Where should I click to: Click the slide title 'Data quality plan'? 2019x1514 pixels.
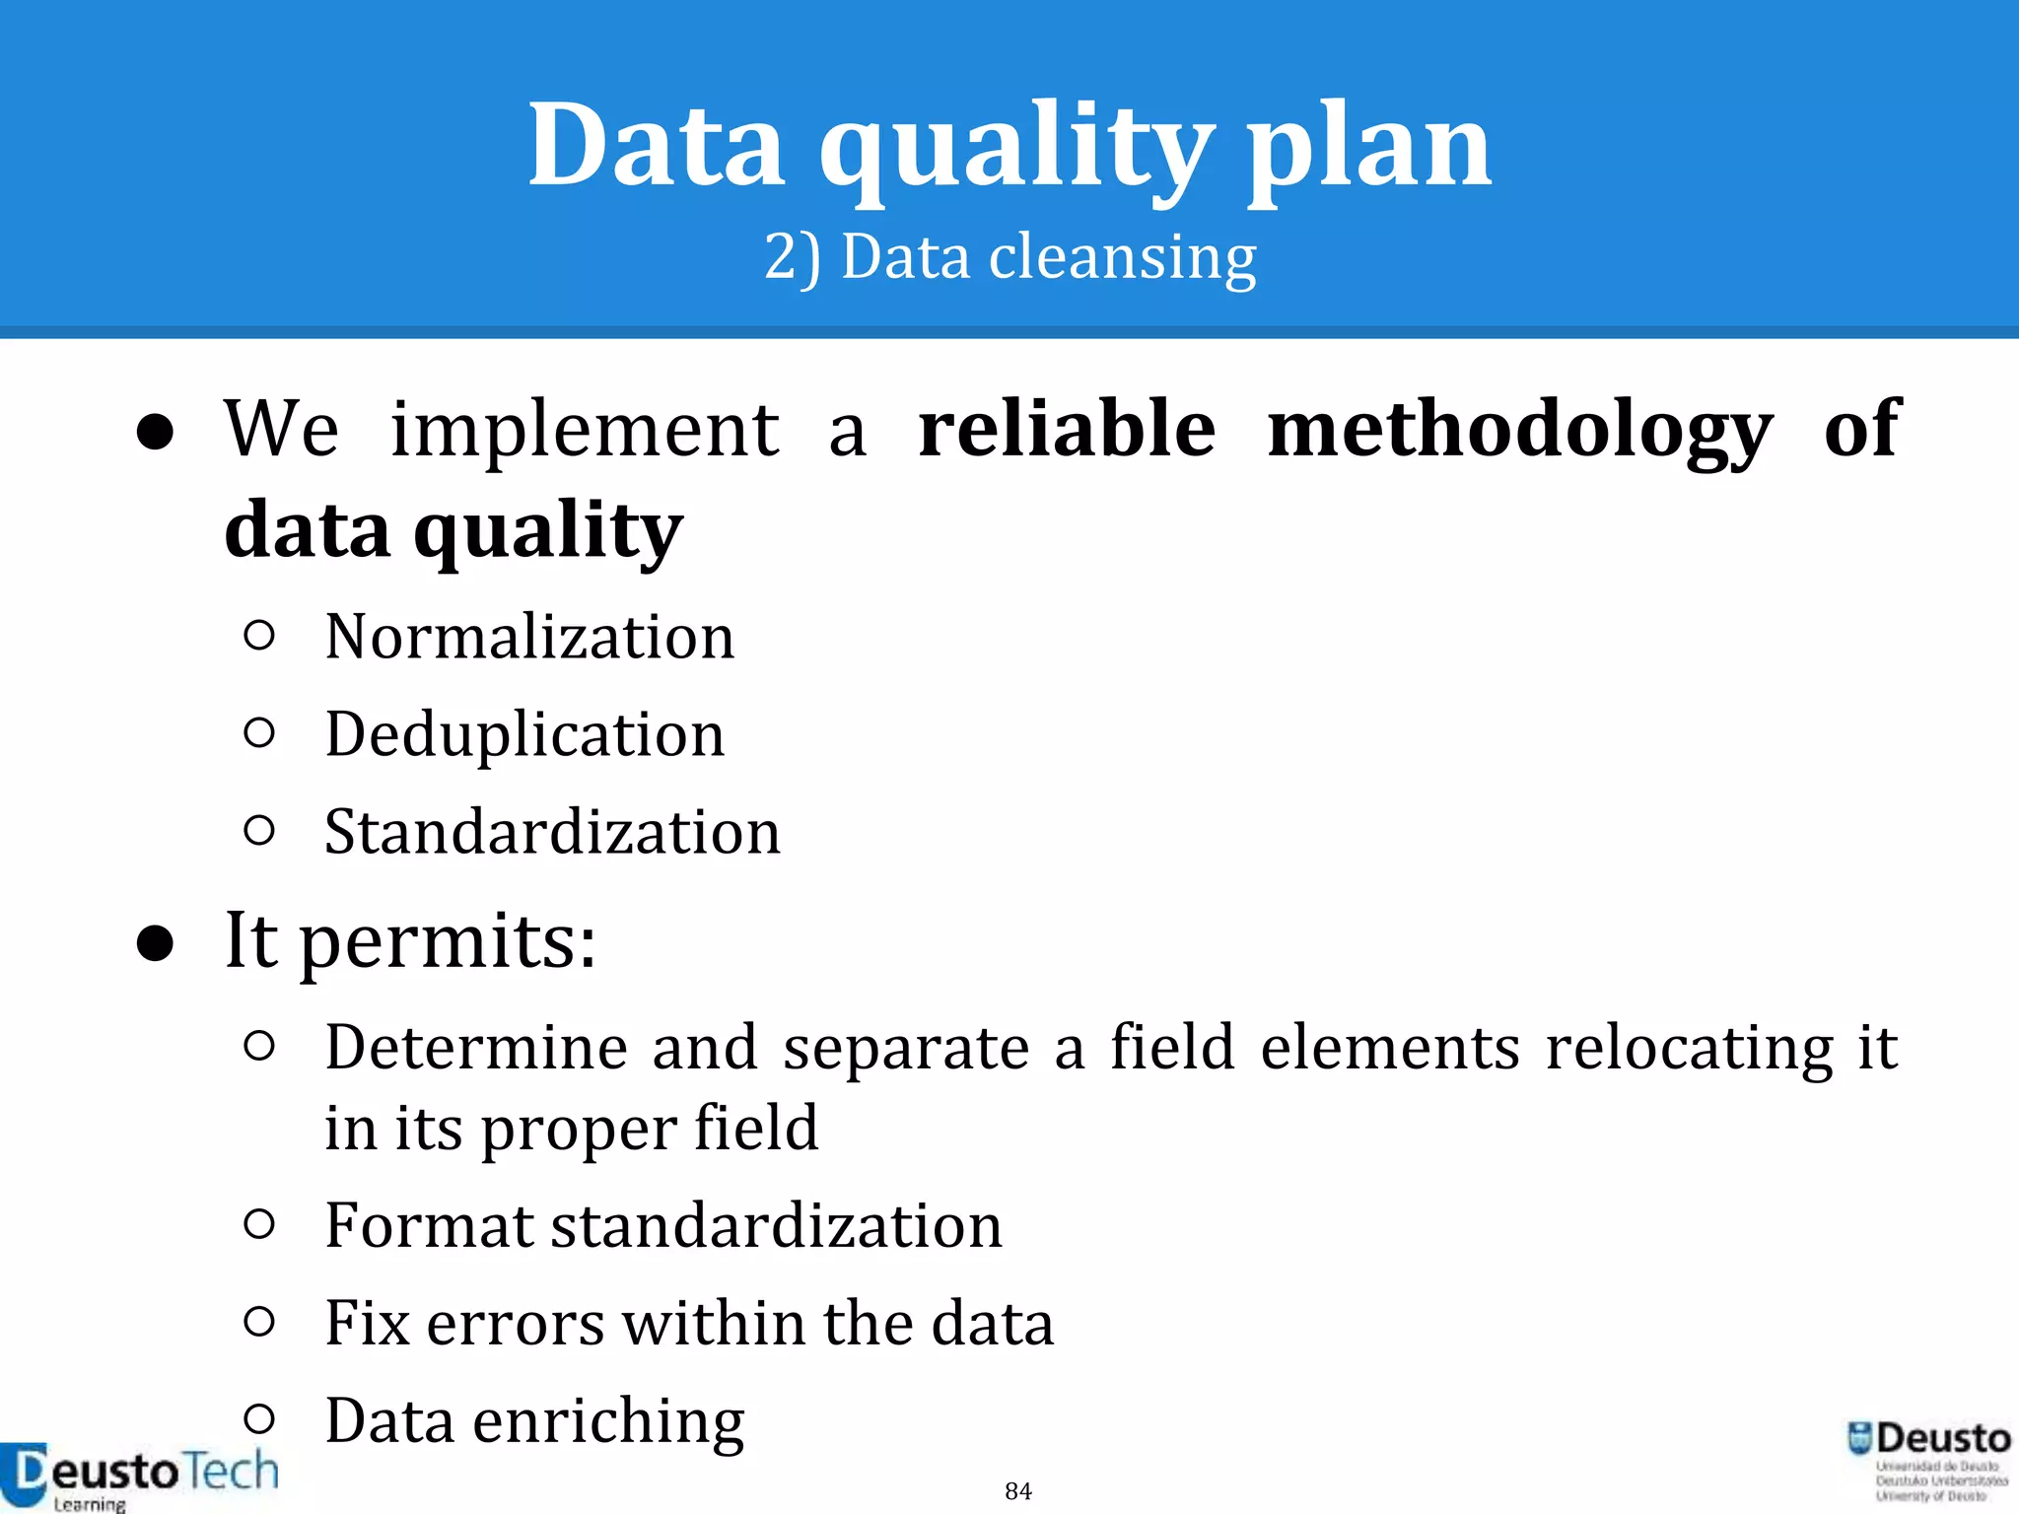point(1009,146)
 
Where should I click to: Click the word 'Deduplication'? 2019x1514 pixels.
point(524,734)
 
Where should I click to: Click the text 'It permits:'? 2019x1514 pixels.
point(410,941)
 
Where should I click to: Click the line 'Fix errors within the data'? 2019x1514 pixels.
point(688,1323)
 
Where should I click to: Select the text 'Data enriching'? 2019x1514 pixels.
point(534,1420)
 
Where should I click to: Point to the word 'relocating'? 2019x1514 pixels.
point(1689,1047)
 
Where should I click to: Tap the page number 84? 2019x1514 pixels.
point(1018,1490)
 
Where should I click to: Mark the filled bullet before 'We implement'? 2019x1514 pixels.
point(156,433)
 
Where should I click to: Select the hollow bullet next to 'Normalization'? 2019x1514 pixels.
point(258,636)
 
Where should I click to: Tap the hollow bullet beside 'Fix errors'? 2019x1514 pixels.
point(258,1321)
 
